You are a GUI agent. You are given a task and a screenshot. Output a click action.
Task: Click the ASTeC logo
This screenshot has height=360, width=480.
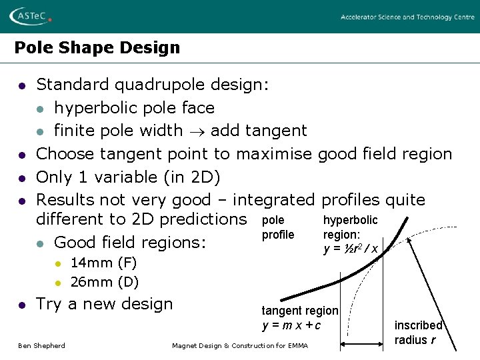pos(30,16)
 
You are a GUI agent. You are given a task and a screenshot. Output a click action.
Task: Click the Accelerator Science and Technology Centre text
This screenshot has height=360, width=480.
pos(407,17)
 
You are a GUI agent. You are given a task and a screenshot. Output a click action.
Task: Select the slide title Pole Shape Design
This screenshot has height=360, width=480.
pos(97,48)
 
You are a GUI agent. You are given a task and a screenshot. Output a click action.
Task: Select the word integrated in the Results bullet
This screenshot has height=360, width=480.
pos(275,200)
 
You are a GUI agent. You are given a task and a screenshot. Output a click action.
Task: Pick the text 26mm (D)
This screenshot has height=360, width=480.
pos(104,282)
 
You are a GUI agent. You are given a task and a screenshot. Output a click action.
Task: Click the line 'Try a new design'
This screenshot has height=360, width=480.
pos(104,304)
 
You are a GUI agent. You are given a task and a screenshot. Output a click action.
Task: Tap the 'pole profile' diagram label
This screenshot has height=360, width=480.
pos(277,227)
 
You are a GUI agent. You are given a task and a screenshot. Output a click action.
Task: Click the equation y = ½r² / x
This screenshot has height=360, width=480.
pos(351,249)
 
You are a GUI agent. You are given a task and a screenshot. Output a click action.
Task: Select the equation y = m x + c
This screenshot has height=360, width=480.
pos(291,325)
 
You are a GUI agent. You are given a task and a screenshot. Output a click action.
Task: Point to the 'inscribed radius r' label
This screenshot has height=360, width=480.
pos(418,332)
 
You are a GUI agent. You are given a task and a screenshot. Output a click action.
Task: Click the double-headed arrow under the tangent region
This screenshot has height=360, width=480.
pos(361,345)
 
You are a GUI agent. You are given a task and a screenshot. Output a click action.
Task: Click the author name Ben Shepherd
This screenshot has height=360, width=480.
pos(41,345)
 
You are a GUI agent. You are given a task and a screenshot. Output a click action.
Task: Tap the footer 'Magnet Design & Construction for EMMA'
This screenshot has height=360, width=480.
pos(240,345)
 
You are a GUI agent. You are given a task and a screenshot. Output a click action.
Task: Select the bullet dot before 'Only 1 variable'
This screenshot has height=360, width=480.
pos(22,178)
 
